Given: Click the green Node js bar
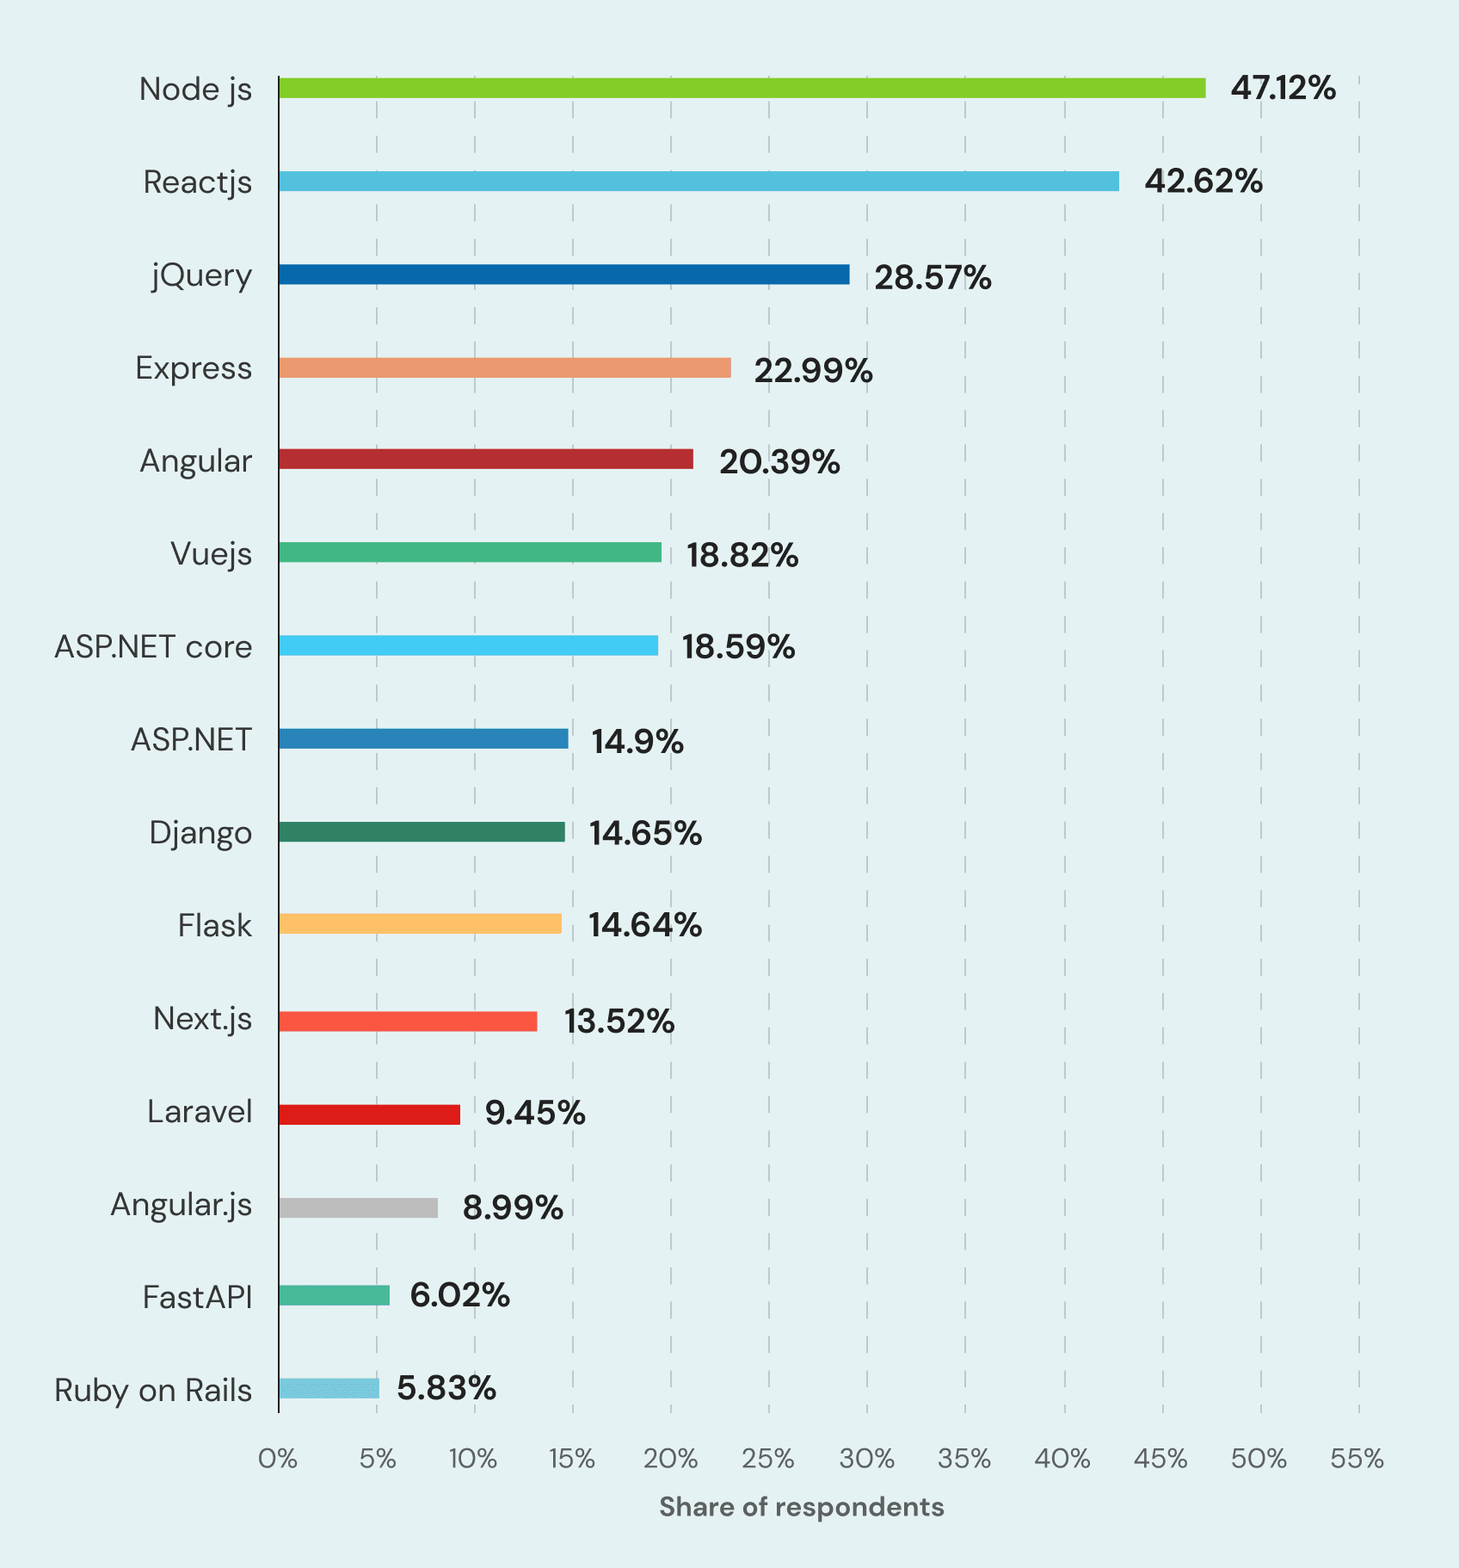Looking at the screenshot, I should [x=742, y=88].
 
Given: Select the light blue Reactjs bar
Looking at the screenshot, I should [x=699, y=181].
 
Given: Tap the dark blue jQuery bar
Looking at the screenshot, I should [x=563, y=275].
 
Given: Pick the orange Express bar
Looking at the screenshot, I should [x=504, y=367].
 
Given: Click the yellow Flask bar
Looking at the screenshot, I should [x=420, y=923].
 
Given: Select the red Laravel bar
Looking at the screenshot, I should [x=369, y=1114].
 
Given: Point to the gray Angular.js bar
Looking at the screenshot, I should [x=358, y=1207].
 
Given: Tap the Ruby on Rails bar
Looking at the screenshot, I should [x=329, y=1388].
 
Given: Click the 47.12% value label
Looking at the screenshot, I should [x=1283, y=88].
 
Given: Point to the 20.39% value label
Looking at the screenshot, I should [x=779, y=462].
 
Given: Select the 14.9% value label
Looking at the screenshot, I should [x=637, y=741].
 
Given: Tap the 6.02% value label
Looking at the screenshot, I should [x=459, y=1295].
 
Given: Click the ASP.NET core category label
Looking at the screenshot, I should [x=153, y=646].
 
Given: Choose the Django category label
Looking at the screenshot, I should [x=200, y=833].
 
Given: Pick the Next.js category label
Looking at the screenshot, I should [x=203, y=1019].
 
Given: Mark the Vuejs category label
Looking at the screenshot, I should [x=211, y=553].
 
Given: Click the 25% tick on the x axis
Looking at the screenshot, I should [x=768, y=1459].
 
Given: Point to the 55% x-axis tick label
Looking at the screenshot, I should [x=1357, y=1459].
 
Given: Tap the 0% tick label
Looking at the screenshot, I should [x=278, y=1459].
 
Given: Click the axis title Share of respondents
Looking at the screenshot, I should [x=801, y=1507].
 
